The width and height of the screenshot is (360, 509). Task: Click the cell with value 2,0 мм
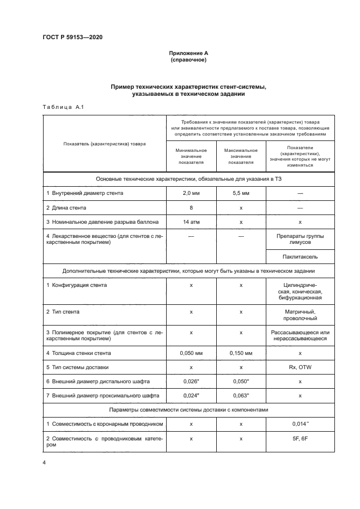click(191, 193)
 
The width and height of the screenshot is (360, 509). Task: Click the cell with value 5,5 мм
click(241, 193)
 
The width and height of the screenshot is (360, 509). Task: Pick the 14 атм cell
click(191, 222)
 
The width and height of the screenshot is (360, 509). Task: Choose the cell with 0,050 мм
click(191, 353)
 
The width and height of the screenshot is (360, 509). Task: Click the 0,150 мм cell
click(241, 353)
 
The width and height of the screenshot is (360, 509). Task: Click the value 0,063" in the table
click(241, 396)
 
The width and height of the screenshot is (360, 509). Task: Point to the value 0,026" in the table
click(191, 382)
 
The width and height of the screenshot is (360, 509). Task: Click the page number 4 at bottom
click(44, 463)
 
